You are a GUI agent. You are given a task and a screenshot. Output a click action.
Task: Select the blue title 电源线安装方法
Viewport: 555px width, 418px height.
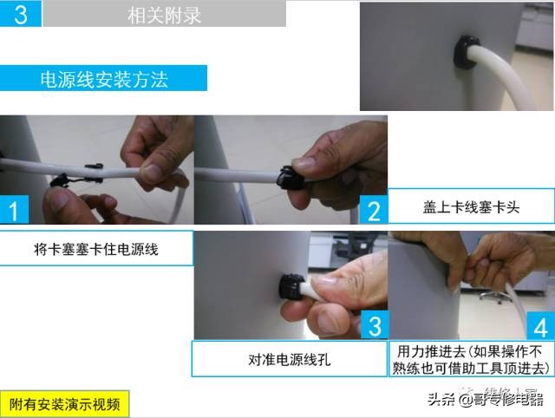104,80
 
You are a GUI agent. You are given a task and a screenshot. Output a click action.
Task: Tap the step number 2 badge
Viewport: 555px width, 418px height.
374,210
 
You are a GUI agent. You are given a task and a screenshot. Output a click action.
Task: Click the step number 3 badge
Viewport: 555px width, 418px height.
374,326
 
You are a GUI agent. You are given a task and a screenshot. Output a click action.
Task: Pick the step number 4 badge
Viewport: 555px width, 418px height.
540,328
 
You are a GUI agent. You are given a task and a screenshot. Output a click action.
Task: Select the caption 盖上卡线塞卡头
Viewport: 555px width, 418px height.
469,208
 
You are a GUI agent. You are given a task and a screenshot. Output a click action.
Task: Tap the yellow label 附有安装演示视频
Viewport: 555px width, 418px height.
64,403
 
